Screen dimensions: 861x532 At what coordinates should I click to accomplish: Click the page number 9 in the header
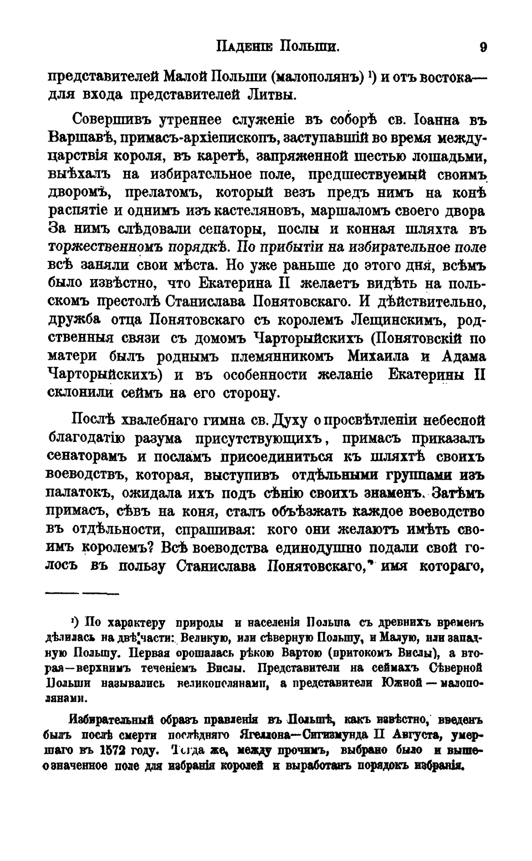(x=483, y=47)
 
